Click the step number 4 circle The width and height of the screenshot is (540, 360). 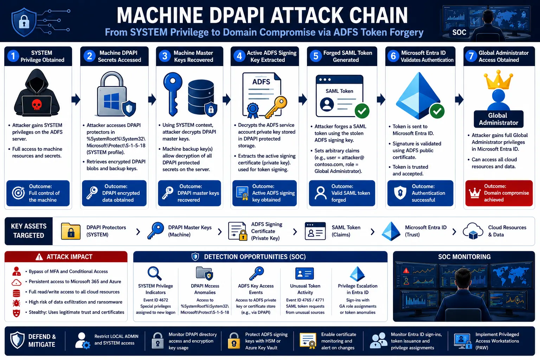[x=239, y=56]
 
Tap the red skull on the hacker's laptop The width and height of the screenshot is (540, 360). [x=37, y=105]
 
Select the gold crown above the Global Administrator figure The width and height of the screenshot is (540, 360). [x=498, y=79]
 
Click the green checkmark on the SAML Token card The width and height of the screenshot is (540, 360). [x=362, y=111]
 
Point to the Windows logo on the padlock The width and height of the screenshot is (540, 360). [x=111, y=102]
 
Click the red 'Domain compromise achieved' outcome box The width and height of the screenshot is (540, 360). [x=499, y=193]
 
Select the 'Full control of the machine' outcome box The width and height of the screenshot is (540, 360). [x=38, y=193]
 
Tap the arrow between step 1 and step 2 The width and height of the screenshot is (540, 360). [x=76, y=99]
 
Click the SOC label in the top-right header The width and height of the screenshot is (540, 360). [x=459, y=32]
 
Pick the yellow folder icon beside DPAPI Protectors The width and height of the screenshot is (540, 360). [x=71, y=231]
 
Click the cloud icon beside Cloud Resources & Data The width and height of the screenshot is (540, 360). [x=473, y=231]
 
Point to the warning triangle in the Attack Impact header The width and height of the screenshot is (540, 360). [x=39, y=257]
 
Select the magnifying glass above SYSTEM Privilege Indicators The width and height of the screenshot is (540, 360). [x=154, y=273]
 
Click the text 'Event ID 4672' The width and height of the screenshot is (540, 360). [x=156, y=300]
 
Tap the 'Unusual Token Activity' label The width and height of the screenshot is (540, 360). [x=305, y=289]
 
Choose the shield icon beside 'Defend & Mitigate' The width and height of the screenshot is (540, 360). [x=17, y=340]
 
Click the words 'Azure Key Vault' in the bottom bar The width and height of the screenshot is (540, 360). [x=261, y=348]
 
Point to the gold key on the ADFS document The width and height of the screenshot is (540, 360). [x=277, y=107]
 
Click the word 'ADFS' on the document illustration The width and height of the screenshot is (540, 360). [x=261, y=82]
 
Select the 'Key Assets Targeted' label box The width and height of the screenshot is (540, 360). [x=29, y=231]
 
